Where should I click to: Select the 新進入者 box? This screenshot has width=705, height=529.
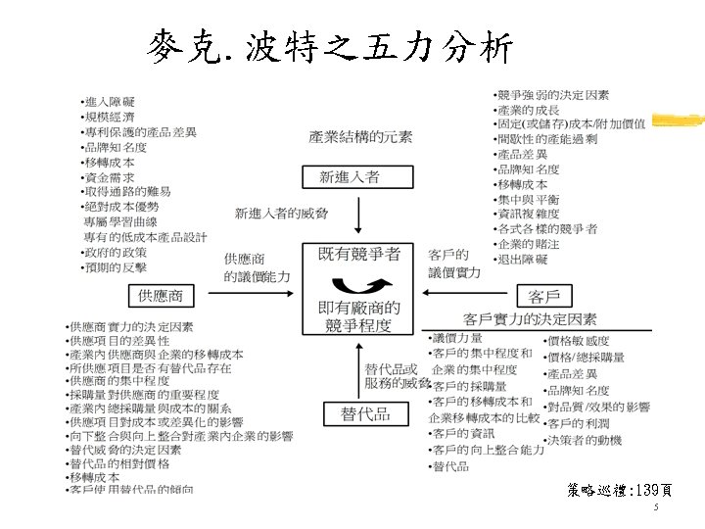point(351,177)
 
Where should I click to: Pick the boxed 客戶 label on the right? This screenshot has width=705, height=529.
point(550,296)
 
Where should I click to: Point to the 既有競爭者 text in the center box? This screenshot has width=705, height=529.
point(359,254)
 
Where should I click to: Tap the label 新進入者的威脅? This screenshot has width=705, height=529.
point(282,213)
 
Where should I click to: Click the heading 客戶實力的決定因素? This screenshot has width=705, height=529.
point(530,319)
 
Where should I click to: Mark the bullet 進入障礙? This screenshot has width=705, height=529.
point(110,102)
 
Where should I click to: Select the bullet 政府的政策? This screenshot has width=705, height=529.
point(116,252)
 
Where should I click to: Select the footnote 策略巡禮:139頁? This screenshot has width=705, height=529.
point(618,490)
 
